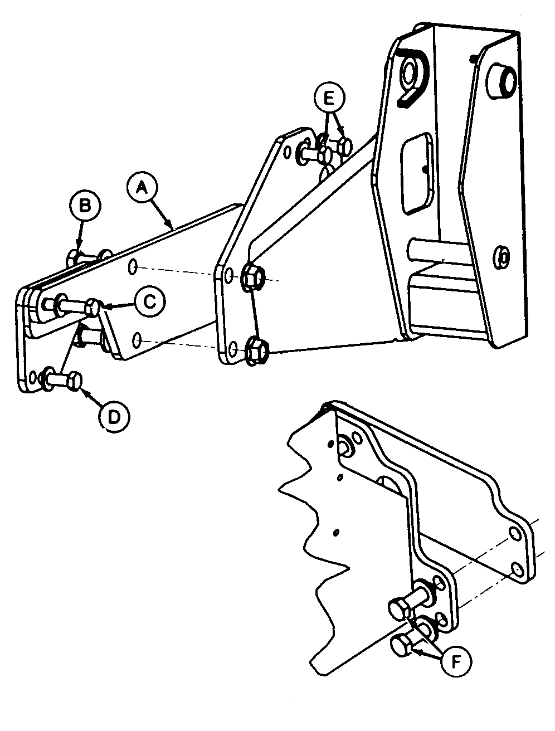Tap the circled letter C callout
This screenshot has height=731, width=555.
(x=149, y=302)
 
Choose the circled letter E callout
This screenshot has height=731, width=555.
(x=328, y=99)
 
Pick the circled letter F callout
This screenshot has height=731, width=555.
(x=455, y=661)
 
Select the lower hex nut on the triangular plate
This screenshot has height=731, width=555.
(x=257, y=349)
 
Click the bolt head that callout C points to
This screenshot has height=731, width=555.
(x=94, y=306)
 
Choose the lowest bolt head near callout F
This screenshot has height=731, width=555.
(x=400, y=646)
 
